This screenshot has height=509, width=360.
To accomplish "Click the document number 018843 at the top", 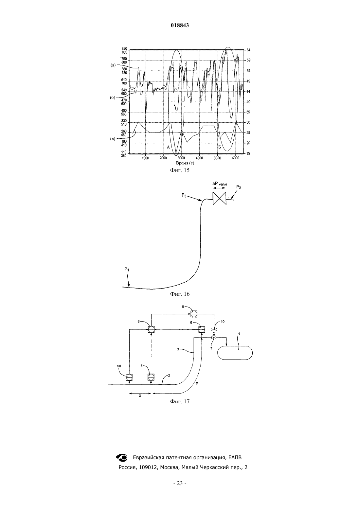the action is [x=180, y=25].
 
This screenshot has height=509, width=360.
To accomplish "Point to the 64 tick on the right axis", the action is [x=248, y=50].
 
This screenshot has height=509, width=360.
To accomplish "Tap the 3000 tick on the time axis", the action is [x=181, y=158].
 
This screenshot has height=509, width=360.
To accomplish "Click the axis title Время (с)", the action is [x=185, y=163].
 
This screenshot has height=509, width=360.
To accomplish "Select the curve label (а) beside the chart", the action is [x=113, y=65].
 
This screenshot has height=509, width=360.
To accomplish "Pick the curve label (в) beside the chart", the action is [x=113, y=139].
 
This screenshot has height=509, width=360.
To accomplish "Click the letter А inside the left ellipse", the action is [x=168, y=147].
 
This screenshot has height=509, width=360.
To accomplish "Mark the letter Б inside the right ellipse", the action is [x=220, y=147].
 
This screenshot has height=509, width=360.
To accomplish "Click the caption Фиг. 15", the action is [x=180, y=170].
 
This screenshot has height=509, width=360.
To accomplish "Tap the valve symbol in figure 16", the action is [x=219, y=198].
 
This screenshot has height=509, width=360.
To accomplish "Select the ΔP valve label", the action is [x=220, y=184].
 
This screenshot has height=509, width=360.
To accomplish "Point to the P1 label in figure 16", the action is [x=127, y=270].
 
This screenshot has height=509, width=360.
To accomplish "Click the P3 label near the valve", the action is [x=184, y=195].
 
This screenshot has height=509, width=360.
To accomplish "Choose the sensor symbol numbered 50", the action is [x=129, y=377].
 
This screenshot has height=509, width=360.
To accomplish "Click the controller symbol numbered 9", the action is [x=194, y=314].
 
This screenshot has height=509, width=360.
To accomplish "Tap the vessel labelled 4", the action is [x=235, y=353].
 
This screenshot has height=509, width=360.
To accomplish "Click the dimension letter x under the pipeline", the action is [x=140, y=395].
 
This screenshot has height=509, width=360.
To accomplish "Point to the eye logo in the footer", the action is [x=121, y=457].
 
